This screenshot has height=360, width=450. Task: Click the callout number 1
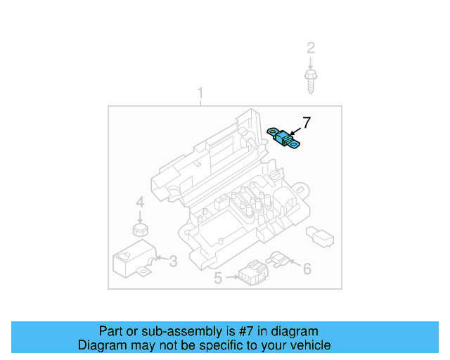tap(200, 94)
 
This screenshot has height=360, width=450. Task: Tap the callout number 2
tap(311, 49)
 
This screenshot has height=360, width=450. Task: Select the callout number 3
tap(173, 262)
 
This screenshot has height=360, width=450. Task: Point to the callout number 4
tap(140, 202)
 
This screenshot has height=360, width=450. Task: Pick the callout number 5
tap(218, 278)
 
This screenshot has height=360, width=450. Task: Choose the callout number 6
tap(307, 268)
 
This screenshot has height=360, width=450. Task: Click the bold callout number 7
tap(307, 122)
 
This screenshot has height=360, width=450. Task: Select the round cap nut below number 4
tap(141, 229)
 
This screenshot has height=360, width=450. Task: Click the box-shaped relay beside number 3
tap(131, 257)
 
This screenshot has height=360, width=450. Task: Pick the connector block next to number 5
tap(250, 272)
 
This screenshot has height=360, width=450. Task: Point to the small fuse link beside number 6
tap(278, 259)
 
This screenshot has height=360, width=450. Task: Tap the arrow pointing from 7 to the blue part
tap(297, 129)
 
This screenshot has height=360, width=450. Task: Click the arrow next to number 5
tap(230, 279)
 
